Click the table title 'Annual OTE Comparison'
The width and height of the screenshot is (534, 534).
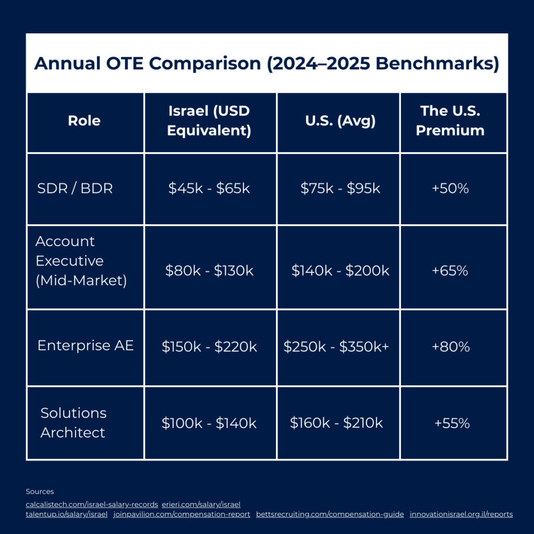(x=266, y=64)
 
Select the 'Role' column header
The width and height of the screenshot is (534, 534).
(x=84, y=121)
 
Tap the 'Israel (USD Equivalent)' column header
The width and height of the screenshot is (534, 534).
(x=209, y=120)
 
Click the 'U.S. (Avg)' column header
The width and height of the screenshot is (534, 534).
(x=340, y=121)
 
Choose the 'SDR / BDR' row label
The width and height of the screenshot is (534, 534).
(x=75, y=188)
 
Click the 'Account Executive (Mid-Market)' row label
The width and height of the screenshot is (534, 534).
(x=81, y=261)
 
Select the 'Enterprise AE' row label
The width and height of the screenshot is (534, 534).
(x=86, y=345)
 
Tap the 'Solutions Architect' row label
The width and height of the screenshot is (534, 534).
(x=74, y=422)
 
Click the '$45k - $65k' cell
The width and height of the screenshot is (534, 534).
(x=209, y=188)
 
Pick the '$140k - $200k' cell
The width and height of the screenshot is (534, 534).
(x=341, y=271)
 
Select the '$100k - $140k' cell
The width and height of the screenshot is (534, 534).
(x=209, y=423)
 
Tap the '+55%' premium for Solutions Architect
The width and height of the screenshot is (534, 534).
(x=452, y=423)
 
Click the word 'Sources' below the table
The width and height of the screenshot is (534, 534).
(x=40, y=491)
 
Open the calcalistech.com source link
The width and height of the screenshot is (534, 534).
(x=92, y=504)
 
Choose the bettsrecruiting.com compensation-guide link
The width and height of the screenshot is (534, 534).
(x=330, y=514)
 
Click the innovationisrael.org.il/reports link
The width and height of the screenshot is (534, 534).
(x=461, y=514)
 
